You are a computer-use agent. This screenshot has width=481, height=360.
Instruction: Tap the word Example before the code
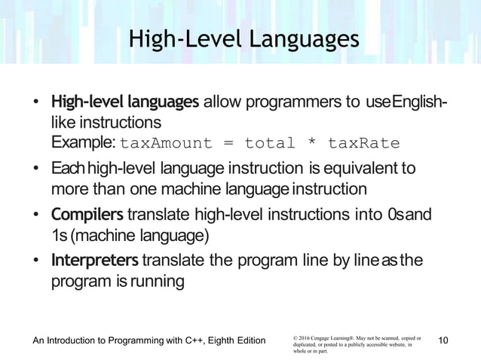click(83, 143)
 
